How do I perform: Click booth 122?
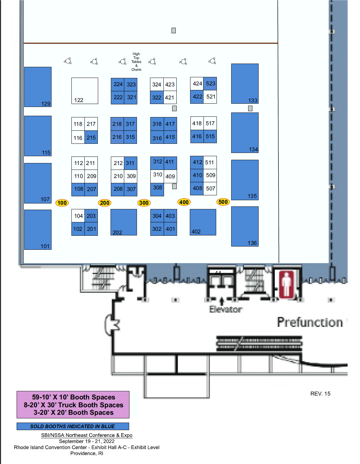pyautogui.click(x=84, y=91)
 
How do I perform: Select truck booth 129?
pyautogui.click(x=38, y=87)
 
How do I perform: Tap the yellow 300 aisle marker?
pyautogui.click(x=144, y=202)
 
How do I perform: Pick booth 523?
pyautogui.click(x=210, y=83)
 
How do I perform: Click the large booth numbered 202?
pyautogui.click(x=124, y=222)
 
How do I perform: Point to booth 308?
pyautogui.click(x=157, y=189)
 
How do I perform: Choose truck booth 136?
pyautogui.click(x=245, y=226)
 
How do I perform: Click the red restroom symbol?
pyautogui.click(x=286, y=284)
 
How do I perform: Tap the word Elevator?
pyautogui.click(x=226, y=309)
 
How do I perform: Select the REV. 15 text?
pyautogui.click(x=320, y=394)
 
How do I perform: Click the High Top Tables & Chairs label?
pyautogui.click(x=136, y=62)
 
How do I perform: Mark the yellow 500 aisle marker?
pyautogui.click(x=223, y=202)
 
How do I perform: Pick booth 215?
pyautogui.click(x=91, y=137)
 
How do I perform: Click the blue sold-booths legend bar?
pyautogui.click(x=73, y=426)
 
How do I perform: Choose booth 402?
pyautogui.click(x=203, y=222)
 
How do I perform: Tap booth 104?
pyautogui.click(x=78, y=216)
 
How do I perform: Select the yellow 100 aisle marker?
pyautogui.click(x=62, y=202)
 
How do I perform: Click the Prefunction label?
pyautogui.click(x=310, y=322)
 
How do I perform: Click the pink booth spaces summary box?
pyautogui.click(x=73, y=405)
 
